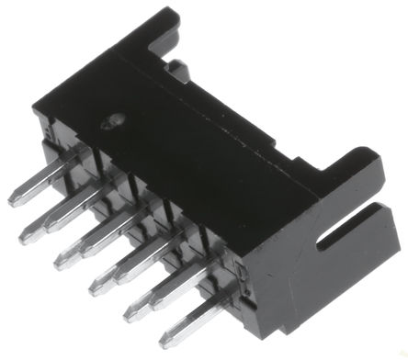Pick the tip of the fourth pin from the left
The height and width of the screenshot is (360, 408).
95,291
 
